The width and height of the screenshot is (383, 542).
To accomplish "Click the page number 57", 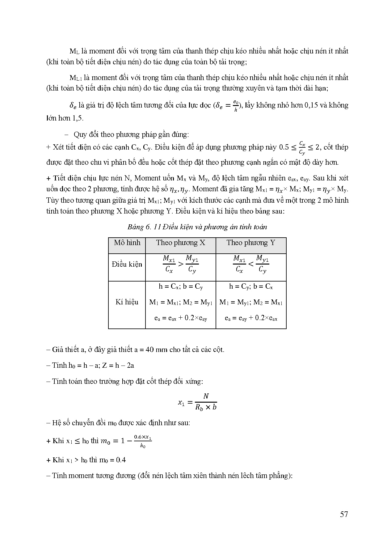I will [x=344, y=514].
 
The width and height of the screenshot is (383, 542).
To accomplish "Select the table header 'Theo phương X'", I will [x=180, y=243].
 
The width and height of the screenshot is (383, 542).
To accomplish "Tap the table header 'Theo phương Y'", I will [x=251, y=243].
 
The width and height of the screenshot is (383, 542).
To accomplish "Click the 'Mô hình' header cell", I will [x=127, y=243].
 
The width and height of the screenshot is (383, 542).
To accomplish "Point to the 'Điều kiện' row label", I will [x=127, y=265].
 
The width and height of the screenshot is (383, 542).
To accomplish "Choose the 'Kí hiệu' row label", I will [x=127, y=302].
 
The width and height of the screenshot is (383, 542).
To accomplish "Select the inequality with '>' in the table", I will [x=181, y=265].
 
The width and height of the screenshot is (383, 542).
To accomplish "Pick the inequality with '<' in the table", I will [x=251, y=265].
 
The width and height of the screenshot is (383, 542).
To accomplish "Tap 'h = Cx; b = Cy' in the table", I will [x=181, y=287].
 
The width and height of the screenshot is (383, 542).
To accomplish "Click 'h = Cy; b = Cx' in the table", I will [x=251, y=287].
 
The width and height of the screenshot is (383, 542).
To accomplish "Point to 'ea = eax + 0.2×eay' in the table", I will [x=181, y=318].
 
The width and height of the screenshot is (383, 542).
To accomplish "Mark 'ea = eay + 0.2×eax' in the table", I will [x=251, y=318].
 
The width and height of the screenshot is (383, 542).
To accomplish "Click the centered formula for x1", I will [x=197, y=402].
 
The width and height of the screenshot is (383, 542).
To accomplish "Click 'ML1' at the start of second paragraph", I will [x=75, y=78].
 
